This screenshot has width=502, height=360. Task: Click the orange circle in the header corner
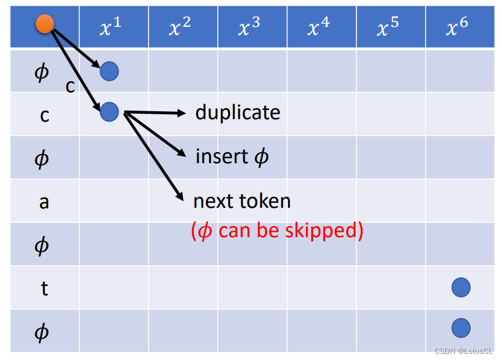pos(45,24)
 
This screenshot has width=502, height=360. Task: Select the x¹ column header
pos(113,27)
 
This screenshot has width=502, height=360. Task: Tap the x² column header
pos(182,27)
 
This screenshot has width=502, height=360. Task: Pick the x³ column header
pos(251,27)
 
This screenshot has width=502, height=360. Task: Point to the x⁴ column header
pos(320,27)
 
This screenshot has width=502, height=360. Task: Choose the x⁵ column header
pos(389,27)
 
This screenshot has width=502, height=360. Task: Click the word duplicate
pos(238,112)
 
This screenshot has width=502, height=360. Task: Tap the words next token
pos(242,200)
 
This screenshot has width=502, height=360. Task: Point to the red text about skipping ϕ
pos(277,230)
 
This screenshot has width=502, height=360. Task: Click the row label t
pos(44,288)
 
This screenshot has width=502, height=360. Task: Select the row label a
pos(44,201)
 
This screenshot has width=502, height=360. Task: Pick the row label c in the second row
pos(44,114)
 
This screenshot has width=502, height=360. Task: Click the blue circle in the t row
pos(460,287)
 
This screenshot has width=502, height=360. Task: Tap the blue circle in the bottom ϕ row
pos(460,328)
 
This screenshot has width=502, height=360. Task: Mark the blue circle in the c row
pos(109,111)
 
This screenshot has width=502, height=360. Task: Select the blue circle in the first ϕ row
pos(109,72)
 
